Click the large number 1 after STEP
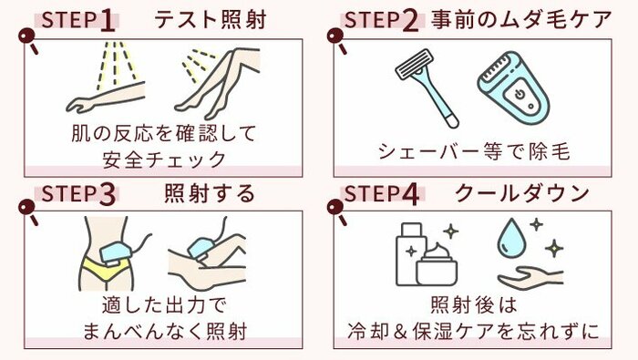tap(108, 21)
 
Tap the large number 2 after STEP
tap(410, 21)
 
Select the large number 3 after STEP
tap(107, 193)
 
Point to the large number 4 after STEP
tap(410, 193)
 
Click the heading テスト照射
tap(211, 20)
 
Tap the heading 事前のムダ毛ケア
tap(521, 19)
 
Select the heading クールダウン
tap(522, 193)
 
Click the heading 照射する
tap(210, 193)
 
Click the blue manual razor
tap(427, 87)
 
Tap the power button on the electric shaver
tap(519, 95)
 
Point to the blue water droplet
tap(511, 238)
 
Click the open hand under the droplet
tap(530, 277)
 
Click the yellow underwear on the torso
tap(106, 268)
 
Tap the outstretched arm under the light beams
tap(106, 97)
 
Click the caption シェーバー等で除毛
tap(474, 151)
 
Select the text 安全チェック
tap(164, 159)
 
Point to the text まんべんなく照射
tap(165, 331)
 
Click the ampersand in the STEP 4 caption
tap(401, 331)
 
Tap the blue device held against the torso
tap(115, 253)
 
